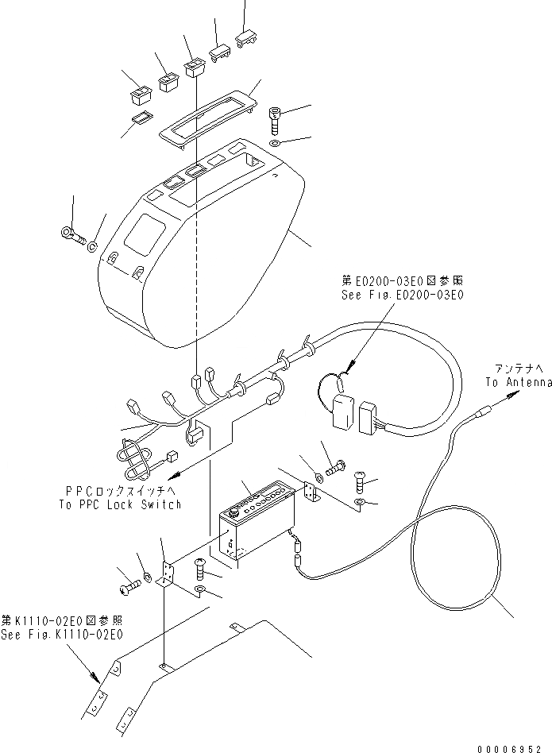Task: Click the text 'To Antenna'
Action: [x=518, y=382]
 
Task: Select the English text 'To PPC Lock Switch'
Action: [x=120, y=504]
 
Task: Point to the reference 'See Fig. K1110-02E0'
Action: [x=62, y=635]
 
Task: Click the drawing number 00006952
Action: [x=513, y=747]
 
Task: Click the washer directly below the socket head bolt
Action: [x=274, y=144]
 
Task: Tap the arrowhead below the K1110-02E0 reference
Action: [x=97, y=680]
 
